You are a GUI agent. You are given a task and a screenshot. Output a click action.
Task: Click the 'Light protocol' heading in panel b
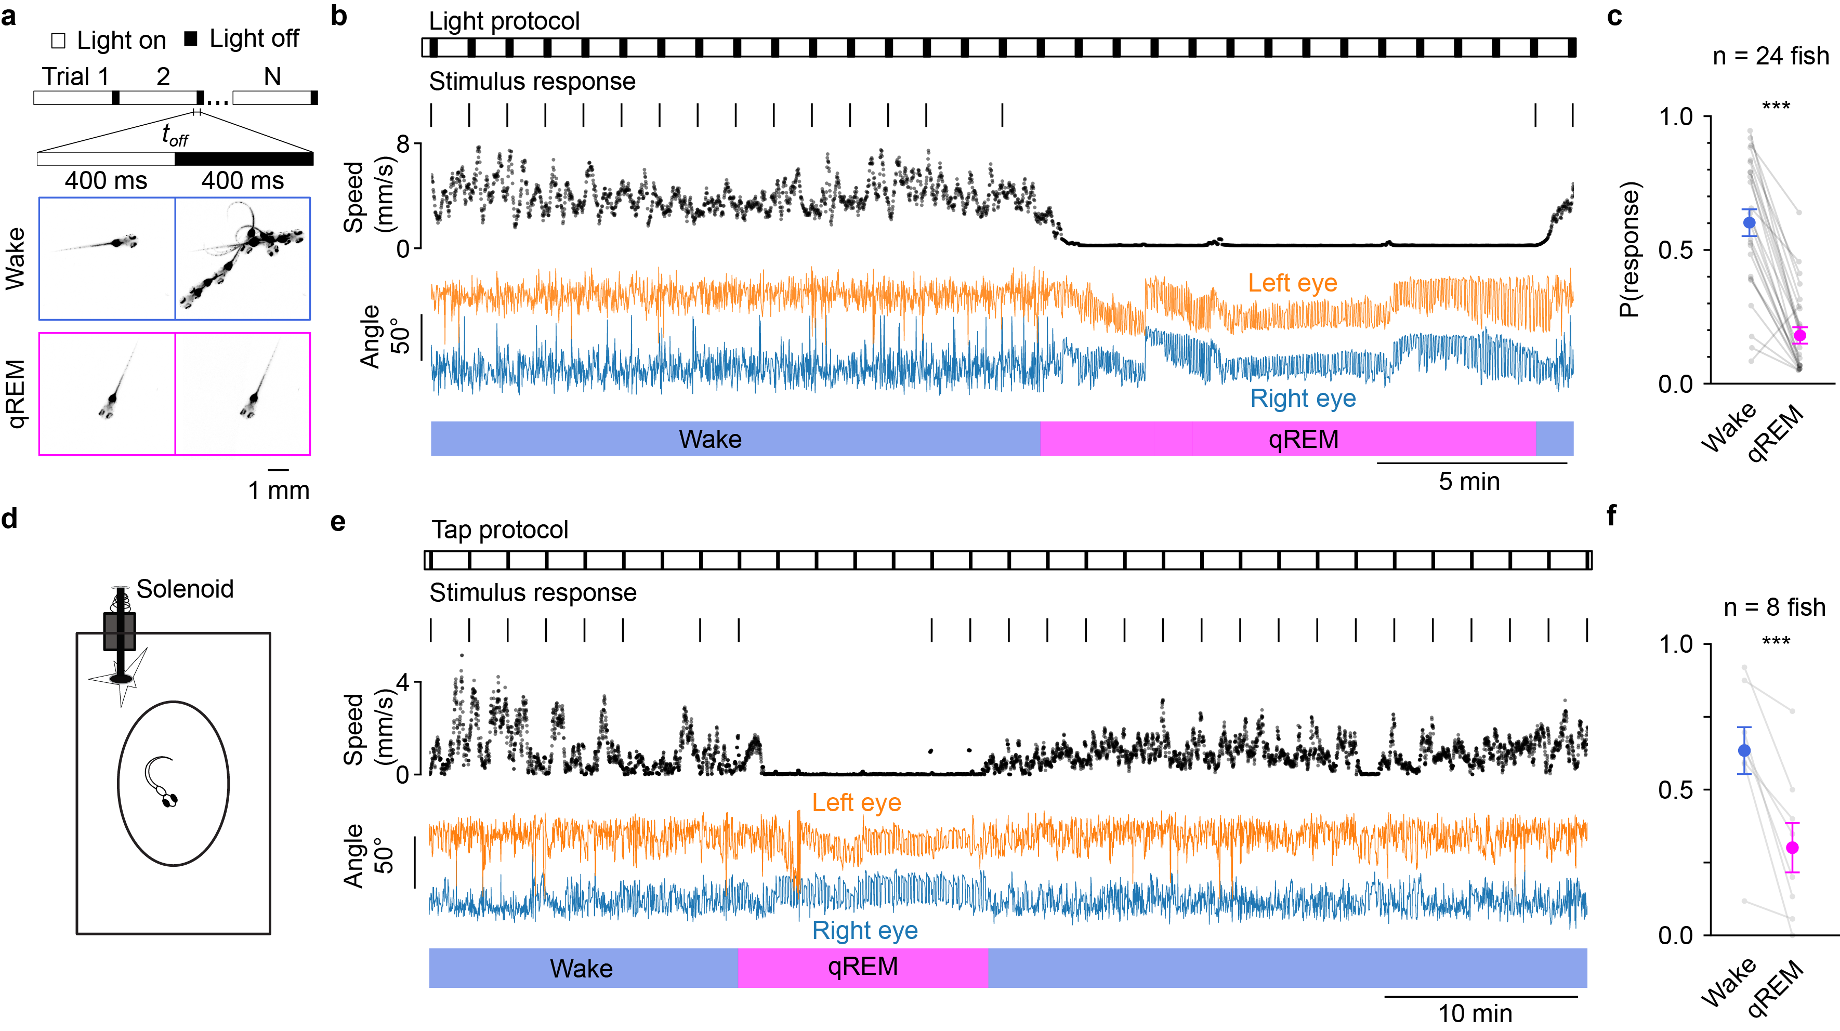(x=504, y=21)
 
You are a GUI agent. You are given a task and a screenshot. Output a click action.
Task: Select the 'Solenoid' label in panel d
(x=185, y=589)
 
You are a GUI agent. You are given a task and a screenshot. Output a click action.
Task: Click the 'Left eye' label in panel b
(x=1292, y=283)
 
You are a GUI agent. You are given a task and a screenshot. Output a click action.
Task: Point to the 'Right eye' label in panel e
(x=864, y=930)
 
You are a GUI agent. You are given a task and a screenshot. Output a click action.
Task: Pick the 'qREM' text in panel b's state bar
(x=1303, y=439)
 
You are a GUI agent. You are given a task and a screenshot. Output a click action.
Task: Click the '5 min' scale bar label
(x=1468, y=481)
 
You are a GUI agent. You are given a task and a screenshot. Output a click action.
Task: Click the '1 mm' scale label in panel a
(x=279, y=491)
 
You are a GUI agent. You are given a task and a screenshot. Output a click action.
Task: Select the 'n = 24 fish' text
(x=1770, y=56)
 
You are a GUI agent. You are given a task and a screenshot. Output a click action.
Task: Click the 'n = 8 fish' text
(x=1775, y=607)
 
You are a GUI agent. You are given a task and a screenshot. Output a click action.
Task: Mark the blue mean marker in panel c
(x=1749, y=223)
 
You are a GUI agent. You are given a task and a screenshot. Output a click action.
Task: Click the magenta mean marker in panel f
(x=1792, y=848)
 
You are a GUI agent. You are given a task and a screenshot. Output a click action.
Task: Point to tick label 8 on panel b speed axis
(x=403, y=145)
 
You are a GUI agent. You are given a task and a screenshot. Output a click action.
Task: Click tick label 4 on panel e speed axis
(x=403, y=683)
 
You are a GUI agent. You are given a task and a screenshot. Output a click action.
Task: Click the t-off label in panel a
(x=175, y=134)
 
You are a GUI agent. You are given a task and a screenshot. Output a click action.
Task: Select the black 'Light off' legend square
(x=191, y=38)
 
